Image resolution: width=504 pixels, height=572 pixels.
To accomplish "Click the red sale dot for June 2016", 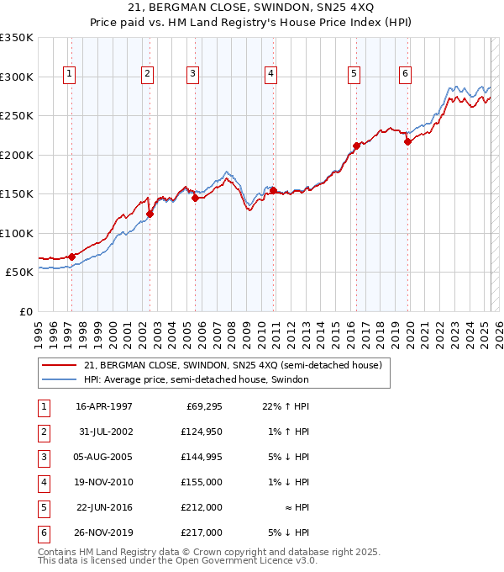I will (x=356, y=146).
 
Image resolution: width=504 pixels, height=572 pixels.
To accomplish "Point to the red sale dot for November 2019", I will (x=407, y=141).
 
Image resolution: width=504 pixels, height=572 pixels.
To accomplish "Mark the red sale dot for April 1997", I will (x=72, y=257).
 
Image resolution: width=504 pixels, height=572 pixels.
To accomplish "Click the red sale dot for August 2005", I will (x=195, y=198).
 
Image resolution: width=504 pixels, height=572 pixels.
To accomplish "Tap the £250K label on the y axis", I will (x=17, y=115).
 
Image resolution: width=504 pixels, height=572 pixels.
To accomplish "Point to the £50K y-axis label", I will (x=19, y=273).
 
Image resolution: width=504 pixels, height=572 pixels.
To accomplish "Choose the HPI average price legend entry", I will (x=197, y=380).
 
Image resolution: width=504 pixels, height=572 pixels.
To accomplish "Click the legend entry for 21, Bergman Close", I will (x=233, y=365).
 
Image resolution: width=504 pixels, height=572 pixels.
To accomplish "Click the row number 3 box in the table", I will (x=43, y=457).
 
